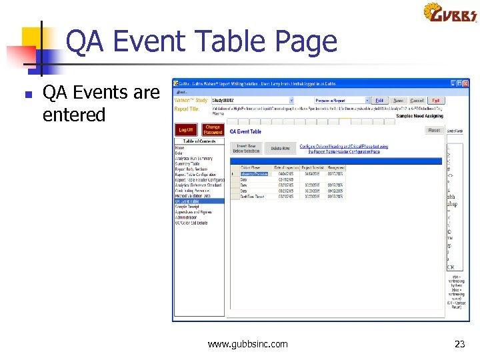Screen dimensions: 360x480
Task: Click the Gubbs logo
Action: pyautogui.click(x=450, y=13)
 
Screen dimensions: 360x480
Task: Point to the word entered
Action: pyautogui.click(x=74, y=115)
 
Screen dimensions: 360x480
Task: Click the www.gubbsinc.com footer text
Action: pyautogui.click(x=247, y=344)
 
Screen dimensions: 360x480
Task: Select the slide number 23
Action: pyautogui.click(x=459, y=344)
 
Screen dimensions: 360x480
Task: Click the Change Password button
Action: pyautogui.click(x=213, y=129)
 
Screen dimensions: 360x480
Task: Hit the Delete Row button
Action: pyautogui.click(x=280, y=148)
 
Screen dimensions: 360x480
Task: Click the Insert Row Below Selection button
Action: pyautogui.click(x=246, y=148)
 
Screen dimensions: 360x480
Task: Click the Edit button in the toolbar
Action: pyautogui.click(x=379, y=101)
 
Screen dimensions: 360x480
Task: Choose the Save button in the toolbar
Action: pyautogui.click(x=398, y=101)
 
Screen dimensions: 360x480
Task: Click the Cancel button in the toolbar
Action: pyautogui.click(x=417, y=101)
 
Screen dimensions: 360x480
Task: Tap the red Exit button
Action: pyautogui.click(x=435, y=101)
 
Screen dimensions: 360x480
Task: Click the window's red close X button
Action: pyautogui.click(x=466, y=83)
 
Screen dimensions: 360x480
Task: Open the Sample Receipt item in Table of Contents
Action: pyautogui.click(x=187, y=207)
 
